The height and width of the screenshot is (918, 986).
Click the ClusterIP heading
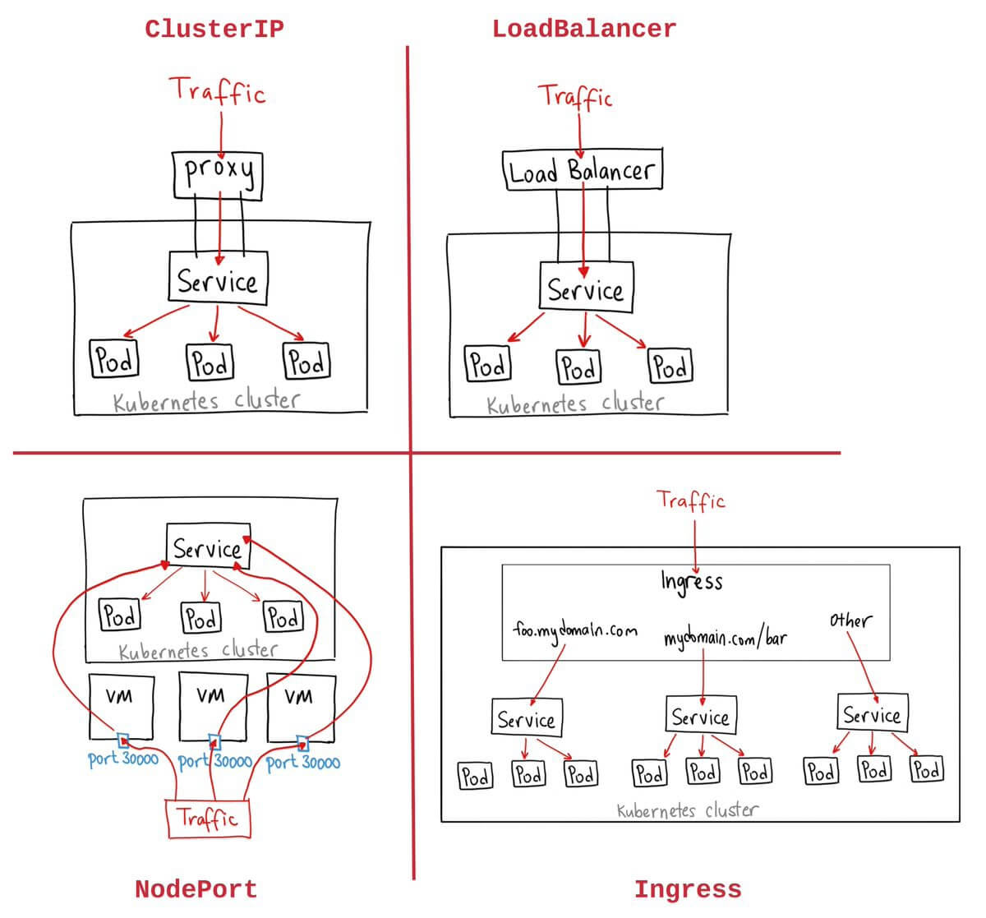[214, 29]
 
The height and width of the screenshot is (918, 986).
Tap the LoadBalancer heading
[583, 29]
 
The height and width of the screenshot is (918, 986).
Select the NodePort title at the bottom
[196, 889]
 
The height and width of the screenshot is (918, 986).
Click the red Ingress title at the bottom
[687, 889]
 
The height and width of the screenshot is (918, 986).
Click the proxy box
[218, 173]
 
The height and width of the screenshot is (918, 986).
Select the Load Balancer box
[582, 170]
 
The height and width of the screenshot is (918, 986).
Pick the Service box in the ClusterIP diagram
[218, 279]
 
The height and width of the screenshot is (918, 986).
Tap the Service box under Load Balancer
[586, 288]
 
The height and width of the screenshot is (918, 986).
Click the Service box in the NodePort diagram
[208, 547]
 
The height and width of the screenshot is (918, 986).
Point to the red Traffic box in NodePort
[208, 819]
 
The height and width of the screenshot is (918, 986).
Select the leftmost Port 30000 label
[123, 759]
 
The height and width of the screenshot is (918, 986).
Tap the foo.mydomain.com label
[574, 631]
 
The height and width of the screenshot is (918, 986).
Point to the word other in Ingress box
[850, 620]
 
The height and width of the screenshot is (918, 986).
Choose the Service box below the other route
[871, 713]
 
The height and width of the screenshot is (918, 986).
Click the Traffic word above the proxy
[218, 90]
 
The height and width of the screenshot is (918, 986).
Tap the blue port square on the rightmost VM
[302, 744]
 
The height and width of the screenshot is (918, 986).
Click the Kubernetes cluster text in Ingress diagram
[687, 810]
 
